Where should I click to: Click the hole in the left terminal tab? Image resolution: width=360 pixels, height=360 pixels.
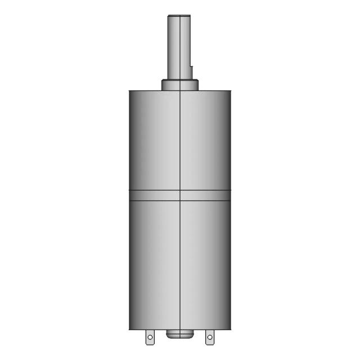[x=150, y=337]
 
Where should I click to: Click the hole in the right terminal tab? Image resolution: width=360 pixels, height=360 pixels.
[x=210, y=337]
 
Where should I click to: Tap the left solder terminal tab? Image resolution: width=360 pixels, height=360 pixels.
[x=150, y=336]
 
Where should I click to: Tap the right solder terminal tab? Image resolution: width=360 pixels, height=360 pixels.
[x=210, y=336]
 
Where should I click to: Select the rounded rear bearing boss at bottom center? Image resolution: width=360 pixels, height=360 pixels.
[x=180, y=334]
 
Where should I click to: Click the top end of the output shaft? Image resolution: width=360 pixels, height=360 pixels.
[x=179, y=17]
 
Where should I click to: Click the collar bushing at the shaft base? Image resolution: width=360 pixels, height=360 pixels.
[x=180, y=85]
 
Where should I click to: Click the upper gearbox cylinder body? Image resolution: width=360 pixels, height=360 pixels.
[x=157, y=141]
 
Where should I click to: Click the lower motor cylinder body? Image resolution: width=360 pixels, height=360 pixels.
[x=157, y=264]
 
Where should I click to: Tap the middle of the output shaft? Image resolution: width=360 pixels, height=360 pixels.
[x=179, y=47]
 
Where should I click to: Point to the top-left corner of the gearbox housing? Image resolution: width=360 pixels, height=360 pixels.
[x=130, y=91]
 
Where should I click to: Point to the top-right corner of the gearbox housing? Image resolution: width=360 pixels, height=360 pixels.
[x=230, y=91]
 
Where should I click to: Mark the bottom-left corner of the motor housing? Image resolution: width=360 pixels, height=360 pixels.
[x=130, y=329]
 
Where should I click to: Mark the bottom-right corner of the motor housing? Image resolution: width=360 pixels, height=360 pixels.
[x=230, y=329]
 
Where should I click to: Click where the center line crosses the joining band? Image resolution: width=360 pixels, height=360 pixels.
[x=180, y=195]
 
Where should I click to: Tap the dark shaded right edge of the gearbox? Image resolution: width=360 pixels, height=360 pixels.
[x=227, y=141]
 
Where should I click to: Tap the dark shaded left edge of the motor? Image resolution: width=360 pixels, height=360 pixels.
[x=132, y=264]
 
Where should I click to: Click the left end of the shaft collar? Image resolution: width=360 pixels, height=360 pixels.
[x=163, y=85]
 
